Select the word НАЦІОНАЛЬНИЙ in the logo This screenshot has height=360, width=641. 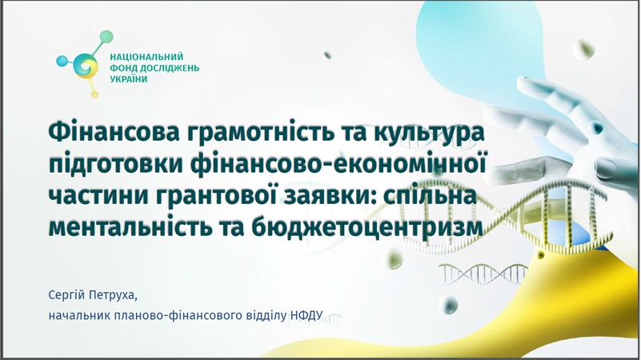click(146, 57)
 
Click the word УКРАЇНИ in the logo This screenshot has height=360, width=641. click(129, 79)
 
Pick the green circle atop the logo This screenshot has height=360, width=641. click(106, 37)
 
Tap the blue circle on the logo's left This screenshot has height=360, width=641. click(62, 62)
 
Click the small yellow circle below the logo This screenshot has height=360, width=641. click(95, 94)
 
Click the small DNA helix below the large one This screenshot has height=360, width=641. click(483, 274)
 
